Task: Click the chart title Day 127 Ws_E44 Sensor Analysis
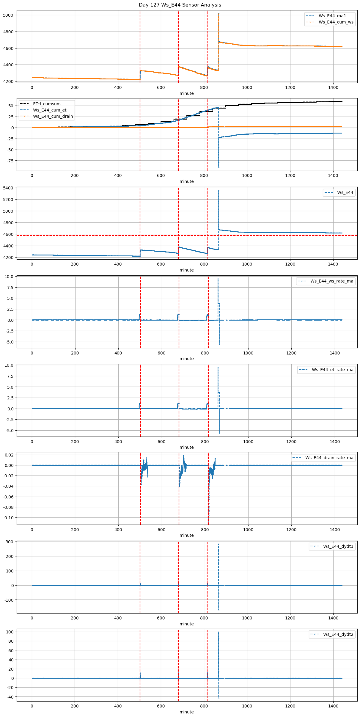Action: click(180, 5)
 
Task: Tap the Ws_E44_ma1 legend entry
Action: click(332, 16)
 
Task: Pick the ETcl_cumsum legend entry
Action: click(47, 104)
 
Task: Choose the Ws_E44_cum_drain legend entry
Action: click(53, 116)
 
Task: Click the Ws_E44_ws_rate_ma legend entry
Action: click(332, 281)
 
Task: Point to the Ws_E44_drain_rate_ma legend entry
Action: click(329, 458)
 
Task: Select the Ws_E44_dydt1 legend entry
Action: click(338, 546)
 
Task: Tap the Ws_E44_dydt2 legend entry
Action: click(338, 634)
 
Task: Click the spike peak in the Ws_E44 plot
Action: click(219, 190)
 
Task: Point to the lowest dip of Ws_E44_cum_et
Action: click(219, 167)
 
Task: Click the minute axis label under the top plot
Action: click(187, 93)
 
